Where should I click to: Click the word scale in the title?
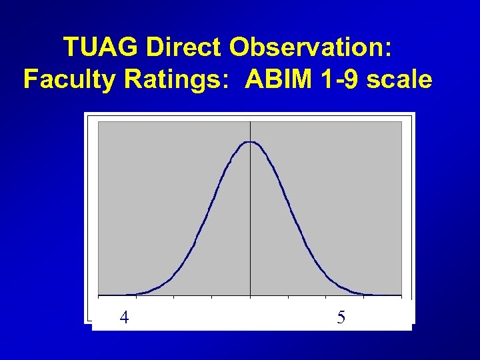400,80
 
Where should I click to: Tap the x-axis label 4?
124,317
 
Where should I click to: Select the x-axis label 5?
341,317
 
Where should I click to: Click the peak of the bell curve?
250,142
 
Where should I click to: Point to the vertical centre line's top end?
250,122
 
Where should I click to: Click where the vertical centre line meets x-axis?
250,295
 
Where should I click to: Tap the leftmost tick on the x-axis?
99,295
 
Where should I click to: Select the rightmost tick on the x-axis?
401,295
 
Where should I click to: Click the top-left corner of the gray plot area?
99,122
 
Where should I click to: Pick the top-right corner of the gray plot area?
401,122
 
